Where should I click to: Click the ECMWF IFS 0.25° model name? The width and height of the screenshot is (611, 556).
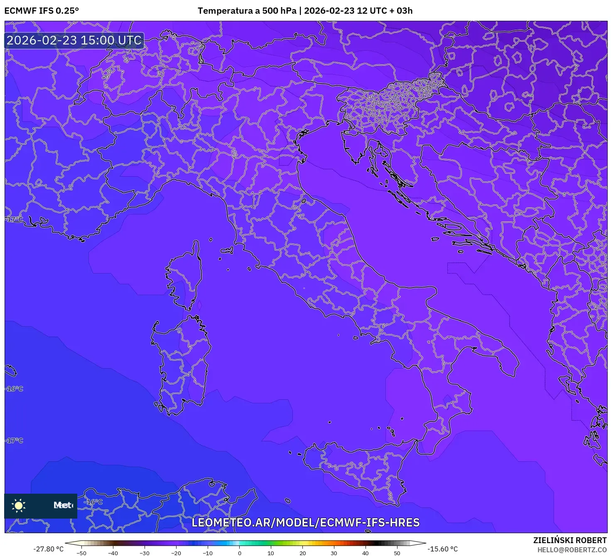pyautogui.click(x=42, y=11)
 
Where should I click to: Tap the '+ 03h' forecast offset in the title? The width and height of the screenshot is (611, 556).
pyautogui.click(x=401, y=11)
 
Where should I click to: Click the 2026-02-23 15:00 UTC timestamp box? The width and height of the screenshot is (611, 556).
pyautogui.click(x=74, y=41)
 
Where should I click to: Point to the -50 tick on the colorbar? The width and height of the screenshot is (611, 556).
pyautogui.click(x=81, y=553)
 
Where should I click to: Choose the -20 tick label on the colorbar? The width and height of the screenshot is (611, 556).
pyautogui.click(x=176, y=553)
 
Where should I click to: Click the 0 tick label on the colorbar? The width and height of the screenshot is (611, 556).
pyautogui.click(x=239, y=553)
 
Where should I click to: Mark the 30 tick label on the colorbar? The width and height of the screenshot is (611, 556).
pyautogui.click(x=334, y=553)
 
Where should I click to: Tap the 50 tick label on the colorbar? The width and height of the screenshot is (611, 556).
pyautogui.click(x=397, y=553)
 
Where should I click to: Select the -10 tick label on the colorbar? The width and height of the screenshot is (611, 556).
pyautogui.click(x=208, y=553)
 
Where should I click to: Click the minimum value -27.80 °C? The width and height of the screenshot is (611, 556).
pyautogui.click(x=49, y=549)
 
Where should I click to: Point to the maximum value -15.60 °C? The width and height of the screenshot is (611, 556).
pyautogui.click(x=443, y=549)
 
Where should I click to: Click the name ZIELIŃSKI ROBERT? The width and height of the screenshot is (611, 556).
pyautogui.click(x=570, y=540)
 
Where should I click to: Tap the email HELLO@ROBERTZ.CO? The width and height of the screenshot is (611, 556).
pyautogui.click(x=572, y=550)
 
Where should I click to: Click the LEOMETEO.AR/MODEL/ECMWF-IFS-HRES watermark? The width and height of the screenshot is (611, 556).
pyautogui.click(x=305, y=522)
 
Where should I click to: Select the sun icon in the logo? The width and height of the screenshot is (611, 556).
pyautogui.click(x=19, y=505)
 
